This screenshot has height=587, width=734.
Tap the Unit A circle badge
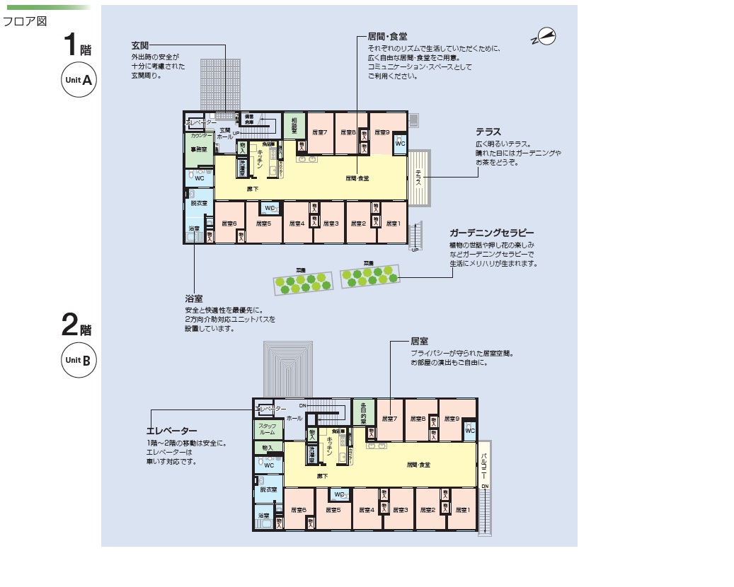click(78, 81)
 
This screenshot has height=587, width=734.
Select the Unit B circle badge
click(78, 360)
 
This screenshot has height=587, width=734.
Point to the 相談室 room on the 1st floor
click(293, 125)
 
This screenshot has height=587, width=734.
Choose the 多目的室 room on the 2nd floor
click(364, 414)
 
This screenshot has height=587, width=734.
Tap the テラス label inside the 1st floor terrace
click(418, 178)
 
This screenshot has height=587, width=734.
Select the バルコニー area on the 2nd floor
click(484, 467)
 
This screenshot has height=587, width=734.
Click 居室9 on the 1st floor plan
click(382, 132)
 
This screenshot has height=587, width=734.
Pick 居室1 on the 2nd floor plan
click(463, 510)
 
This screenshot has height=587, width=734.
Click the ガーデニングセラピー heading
click(491, 233)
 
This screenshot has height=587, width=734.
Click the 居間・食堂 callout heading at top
click(387, 36)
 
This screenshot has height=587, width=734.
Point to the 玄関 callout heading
click(139, 45)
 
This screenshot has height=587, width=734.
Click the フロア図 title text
click(25, 21)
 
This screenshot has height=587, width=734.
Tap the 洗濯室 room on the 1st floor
click(242, 168)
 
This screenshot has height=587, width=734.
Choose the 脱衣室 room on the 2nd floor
click(268, 489)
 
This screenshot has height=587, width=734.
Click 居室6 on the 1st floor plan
click(229, 224)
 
